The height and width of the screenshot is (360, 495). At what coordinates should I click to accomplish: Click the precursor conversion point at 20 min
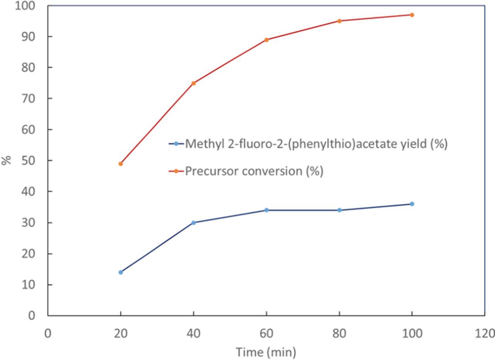(121, 164)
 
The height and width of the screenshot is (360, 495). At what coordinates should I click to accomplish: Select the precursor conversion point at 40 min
(193, 83)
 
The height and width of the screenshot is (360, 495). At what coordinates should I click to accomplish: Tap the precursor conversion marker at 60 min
(266, 40)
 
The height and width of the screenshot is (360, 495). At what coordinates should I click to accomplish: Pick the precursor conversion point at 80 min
(340, 21)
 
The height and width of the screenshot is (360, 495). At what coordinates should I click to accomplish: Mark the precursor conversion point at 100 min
(412, 15)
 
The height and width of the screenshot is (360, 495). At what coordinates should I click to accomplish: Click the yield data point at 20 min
(121, 272)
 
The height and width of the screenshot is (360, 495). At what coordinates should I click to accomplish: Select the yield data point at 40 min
(193, 223)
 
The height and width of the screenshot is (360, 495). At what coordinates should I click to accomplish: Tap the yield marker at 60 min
(266, 210)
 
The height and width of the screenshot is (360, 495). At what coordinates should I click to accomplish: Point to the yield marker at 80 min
(340, 210)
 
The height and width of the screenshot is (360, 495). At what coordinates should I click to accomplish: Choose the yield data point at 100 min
(412, 204)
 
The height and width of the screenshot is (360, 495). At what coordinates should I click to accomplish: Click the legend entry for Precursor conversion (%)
(254, 171)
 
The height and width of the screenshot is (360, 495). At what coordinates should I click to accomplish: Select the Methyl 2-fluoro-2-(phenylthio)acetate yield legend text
(316, 144)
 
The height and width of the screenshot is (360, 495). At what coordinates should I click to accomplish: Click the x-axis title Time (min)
(266, 352)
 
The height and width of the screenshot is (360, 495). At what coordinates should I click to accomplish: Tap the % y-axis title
(7, 160)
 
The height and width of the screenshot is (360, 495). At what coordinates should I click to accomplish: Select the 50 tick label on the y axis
(28, 160)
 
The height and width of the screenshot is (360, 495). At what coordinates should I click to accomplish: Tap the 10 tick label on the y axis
(28, 285)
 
